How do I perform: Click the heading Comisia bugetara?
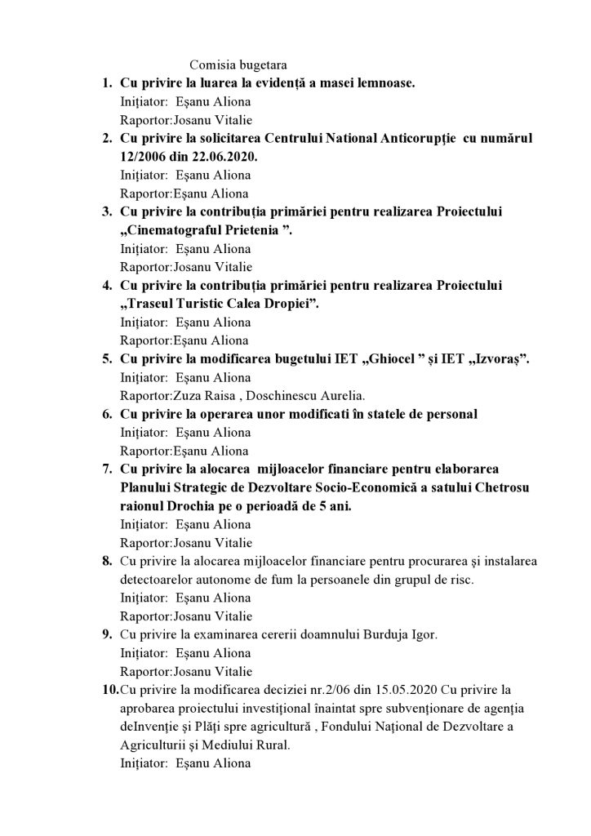(238, 64)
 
